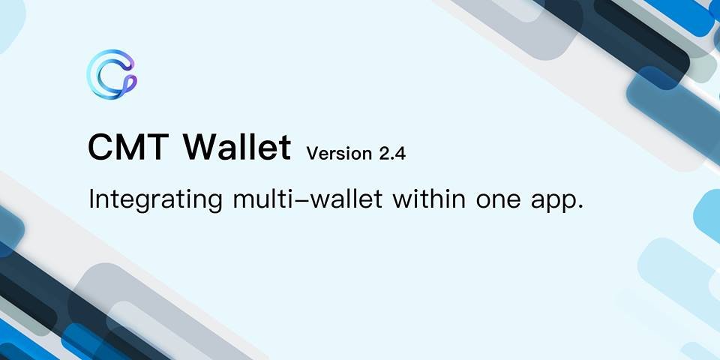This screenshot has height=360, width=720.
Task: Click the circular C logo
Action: [x=97, y=74]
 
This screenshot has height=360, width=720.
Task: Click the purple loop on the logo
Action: [x=130, y=82]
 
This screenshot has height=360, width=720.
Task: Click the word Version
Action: [x=339, y=153]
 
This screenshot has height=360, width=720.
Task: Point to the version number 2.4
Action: [x=392, y=153]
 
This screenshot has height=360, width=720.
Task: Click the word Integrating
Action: [x=156, y=201]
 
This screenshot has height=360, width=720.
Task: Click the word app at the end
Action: [x=552, y=203]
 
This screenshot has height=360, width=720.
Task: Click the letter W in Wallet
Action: [x=201, y=148]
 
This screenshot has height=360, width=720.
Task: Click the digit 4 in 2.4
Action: [x=400, y=153]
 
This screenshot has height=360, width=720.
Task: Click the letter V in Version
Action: [x=313, y=153]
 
